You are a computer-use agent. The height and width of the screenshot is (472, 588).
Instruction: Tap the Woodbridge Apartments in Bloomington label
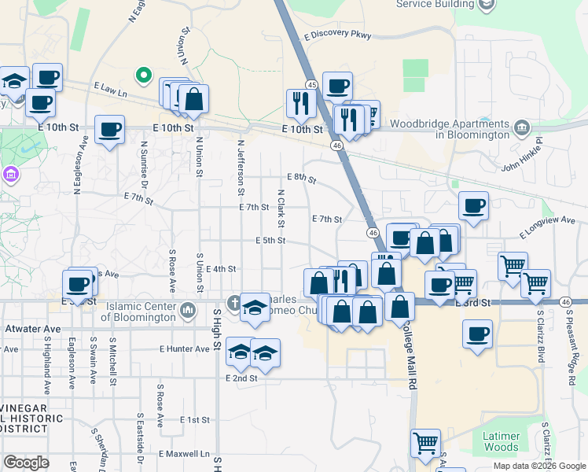tap(461, 129)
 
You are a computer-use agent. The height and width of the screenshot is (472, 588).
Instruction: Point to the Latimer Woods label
tap(501, 441)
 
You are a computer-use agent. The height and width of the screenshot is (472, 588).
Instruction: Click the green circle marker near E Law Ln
tap(143, 76)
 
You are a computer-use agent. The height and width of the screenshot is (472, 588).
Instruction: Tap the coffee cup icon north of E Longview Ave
tap(473, 206)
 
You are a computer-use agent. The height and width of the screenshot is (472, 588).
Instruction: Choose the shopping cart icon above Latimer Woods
tap(425, 443)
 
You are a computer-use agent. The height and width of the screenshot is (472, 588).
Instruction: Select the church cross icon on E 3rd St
tap(233, 302)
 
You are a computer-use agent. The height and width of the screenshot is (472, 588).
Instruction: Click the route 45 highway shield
tap(312, 85)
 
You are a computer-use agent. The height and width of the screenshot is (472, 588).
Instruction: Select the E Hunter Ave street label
tap(184, 348)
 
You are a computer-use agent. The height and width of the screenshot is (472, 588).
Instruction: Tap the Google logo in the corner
tap(25, 463)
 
